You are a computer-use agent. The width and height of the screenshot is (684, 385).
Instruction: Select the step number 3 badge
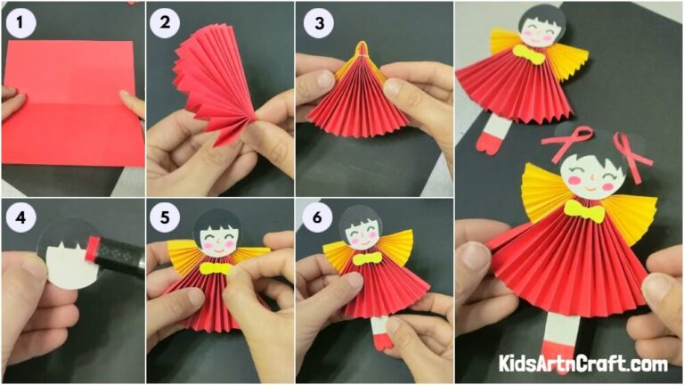pyautogui.click(x=317, y=23)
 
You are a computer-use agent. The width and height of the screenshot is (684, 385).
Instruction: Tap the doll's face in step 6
pyautogui.click(x=360, y=237)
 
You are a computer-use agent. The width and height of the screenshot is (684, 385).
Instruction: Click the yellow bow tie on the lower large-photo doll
pyautogui.click(x=584, y=211)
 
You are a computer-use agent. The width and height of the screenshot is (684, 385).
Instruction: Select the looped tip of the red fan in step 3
pyautogui.click(x=360, y=48)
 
